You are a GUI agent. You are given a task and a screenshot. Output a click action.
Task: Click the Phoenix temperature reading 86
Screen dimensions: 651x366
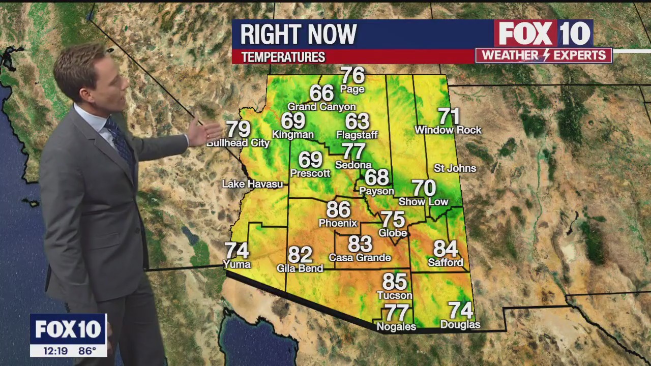338,209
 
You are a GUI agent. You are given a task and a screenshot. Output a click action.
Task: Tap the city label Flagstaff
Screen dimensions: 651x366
357,135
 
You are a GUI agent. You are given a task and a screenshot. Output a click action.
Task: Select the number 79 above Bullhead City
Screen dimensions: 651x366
238,129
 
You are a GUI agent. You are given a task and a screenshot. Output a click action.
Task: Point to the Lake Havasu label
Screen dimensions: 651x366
252,184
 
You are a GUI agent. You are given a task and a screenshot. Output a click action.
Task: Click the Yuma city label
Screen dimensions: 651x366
237,264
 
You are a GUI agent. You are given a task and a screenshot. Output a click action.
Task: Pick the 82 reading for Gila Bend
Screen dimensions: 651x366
300,254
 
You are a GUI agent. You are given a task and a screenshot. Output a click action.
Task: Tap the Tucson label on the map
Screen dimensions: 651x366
394,295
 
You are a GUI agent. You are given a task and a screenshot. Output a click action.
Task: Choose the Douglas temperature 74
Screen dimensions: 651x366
460,310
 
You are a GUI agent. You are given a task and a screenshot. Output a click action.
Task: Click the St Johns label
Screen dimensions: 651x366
455,168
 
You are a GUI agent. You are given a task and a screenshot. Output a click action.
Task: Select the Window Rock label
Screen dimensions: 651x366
448,130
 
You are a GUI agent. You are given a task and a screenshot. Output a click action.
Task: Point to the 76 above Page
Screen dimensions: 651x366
352,75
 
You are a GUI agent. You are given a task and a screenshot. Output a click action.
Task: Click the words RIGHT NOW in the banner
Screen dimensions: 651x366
299,35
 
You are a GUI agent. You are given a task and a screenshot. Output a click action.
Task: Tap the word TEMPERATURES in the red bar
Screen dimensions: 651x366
283,57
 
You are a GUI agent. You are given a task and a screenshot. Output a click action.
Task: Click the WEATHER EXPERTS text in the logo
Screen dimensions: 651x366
544,55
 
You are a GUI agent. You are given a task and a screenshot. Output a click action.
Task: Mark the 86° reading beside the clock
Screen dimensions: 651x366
87,350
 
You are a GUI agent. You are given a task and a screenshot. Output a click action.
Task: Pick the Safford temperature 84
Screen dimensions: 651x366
446,249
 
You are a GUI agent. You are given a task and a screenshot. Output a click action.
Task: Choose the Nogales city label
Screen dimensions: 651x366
396,327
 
